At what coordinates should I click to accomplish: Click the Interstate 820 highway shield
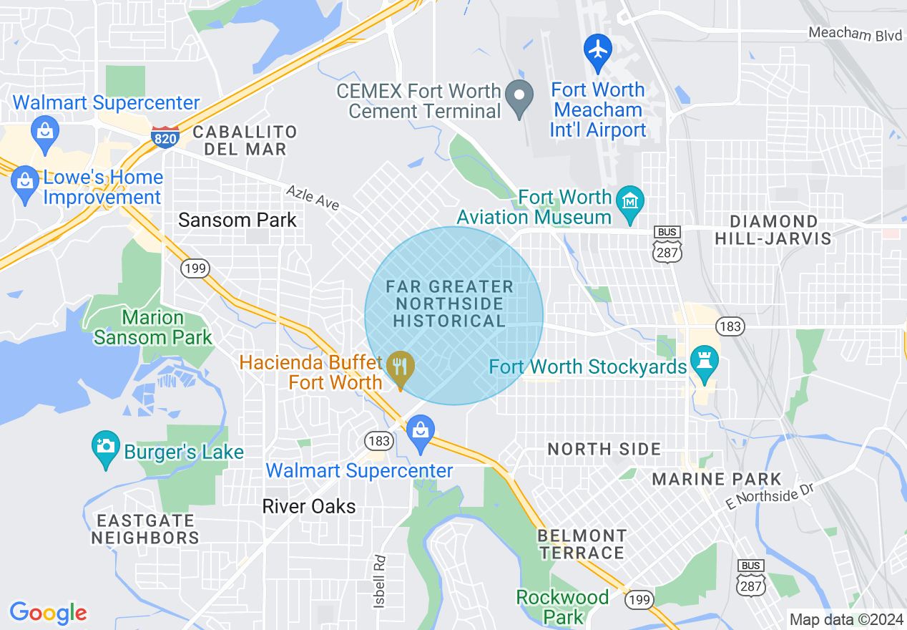(x=165, y=137)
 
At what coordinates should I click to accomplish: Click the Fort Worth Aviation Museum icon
(x=631, y=200)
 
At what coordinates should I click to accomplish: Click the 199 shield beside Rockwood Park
(x=638, y=600)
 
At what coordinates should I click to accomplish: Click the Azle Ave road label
(x=313, y=197)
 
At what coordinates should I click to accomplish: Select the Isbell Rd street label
(x=379, y=581)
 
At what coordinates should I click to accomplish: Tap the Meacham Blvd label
(x=855, y=34)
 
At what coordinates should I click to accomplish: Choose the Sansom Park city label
(x=237, y=220)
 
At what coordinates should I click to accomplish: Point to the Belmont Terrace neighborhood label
(x=582, y=544)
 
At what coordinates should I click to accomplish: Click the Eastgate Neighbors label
(x=145, y=529)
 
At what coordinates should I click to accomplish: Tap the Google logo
(x=48, y=613)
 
